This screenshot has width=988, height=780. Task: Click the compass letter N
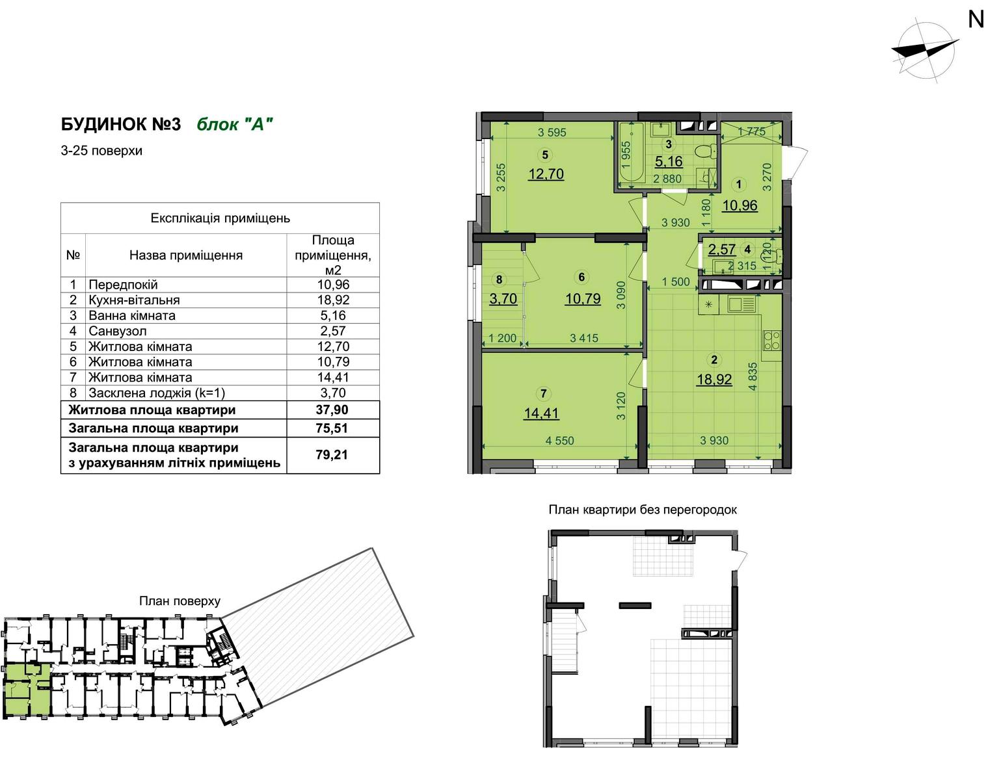[x=976, y=19]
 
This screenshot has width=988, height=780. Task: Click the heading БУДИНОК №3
[x=121, y=124]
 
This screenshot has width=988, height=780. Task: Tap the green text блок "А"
[x=235, y=124]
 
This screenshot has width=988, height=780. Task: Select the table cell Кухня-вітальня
[x=134, y=300]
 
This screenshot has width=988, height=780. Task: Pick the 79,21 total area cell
[x=332, y=455]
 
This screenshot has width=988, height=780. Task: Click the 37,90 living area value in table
[x=332, y=409]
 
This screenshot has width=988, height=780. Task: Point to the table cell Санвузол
[x=118, y=331]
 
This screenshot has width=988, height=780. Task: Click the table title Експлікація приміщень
[x=220, y=218]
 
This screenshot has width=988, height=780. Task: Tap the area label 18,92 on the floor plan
[x=714, y=380]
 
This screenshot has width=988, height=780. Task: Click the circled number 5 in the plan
[x=545, y=155]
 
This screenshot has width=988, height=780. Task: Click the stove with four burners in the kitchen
[x=771, y=340]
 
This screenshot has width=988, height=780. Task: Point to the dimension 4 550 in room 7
[x=559, y=441]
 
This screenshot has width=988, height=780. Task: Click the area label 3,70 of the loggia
[x=503, y=299]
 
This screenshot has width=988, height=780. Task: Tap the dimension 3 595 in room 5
[x=552, y=132]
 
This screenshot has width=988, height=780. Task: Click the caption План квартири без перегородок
[x=643, y=510]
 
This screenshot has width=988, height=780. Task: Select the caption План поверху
[x=180, y=601]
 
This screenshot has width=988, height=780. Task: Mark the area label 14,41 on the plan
[x=542, y=413]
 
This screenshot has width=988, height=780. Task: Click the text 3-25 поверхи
[x=101, y=151]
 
